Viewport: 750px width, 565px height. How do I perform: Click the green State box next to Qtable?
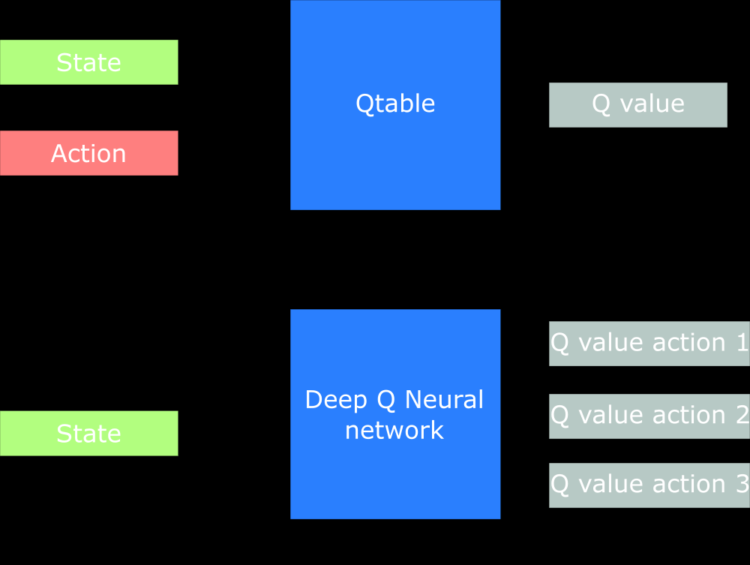(x=88, y=62)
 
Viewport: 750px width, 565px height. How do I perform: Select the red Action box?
(x=88, y=153)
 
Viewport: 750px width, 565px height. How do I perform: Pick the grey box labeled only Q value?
(x=637, y=104)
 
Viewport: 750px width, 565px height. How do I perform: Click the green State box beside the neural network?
(x=88, y=433)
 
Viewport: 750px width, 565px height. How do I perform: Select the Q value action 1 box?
(x=649, y=344)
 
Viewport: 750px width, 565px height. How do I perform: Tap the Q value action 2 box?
(x=649, y=416)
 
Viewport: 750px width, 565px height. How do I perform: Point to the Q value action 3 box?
(x=649, y=485)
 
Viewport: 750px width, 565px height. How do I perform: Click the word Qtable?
(x=395, y=104)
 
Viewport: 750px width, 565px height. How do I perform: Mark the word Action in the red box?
(x=88, y=153)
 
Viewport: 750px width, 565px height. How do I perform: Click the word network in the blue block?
(x=394, y=431)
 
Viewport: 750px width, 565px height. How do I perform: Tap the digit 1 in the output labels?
(x=740, y=342)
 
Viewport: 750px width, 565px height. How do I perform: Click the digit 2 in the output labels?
(x=740, y=414)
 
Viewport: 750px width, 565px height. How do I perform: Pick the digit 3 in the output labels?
(x=740, y=484)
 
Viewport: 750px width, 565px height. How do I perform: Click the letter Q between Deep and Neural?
(x=386, y=400)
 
